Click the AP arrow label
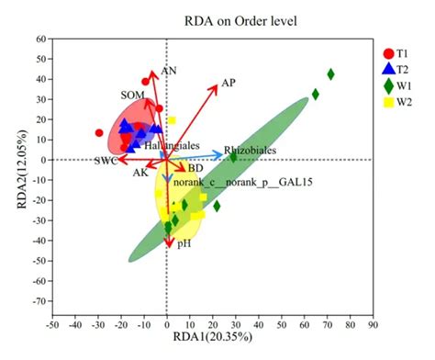click(229, 83)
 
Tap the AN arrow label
click(168, 70)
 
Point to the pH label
click(184, 243)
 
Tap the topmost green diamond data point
click(331, 74)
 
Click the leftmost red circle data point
click(99, 133)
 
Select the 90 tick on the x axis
click(372, 324)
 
